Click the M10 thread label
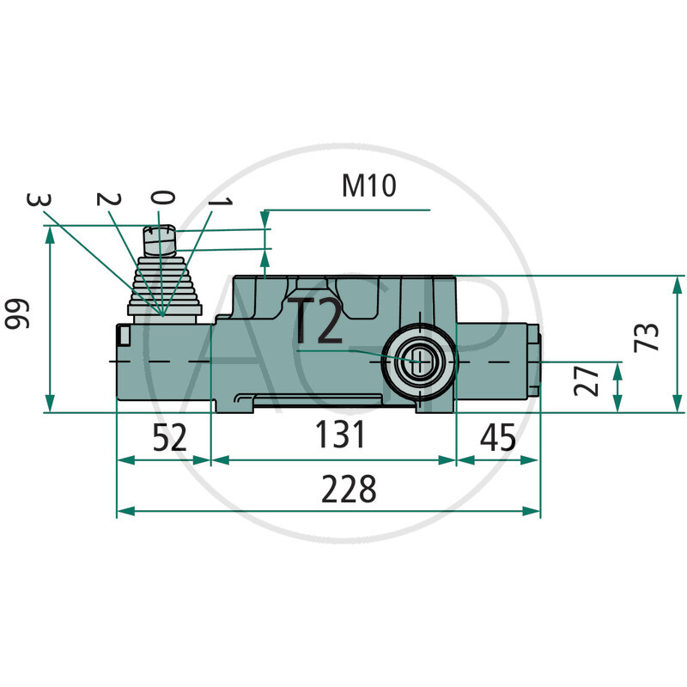coord(368,186)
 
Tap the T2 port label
coord(316,321)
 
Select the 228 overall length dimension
coord(349,490)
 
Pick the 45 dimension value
coord(497,438)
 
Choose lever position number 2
coord(106,199)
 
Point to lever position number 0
coord(163,198)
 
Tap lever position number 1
coord(221,204)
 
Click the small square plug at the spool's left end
coord(122,334)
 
